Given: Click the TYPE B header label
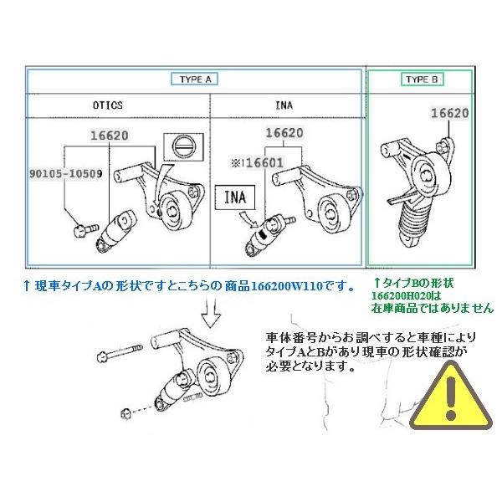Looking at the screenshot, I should point(420,79).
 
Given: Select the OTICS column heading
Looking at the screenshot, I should point(107,105).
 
